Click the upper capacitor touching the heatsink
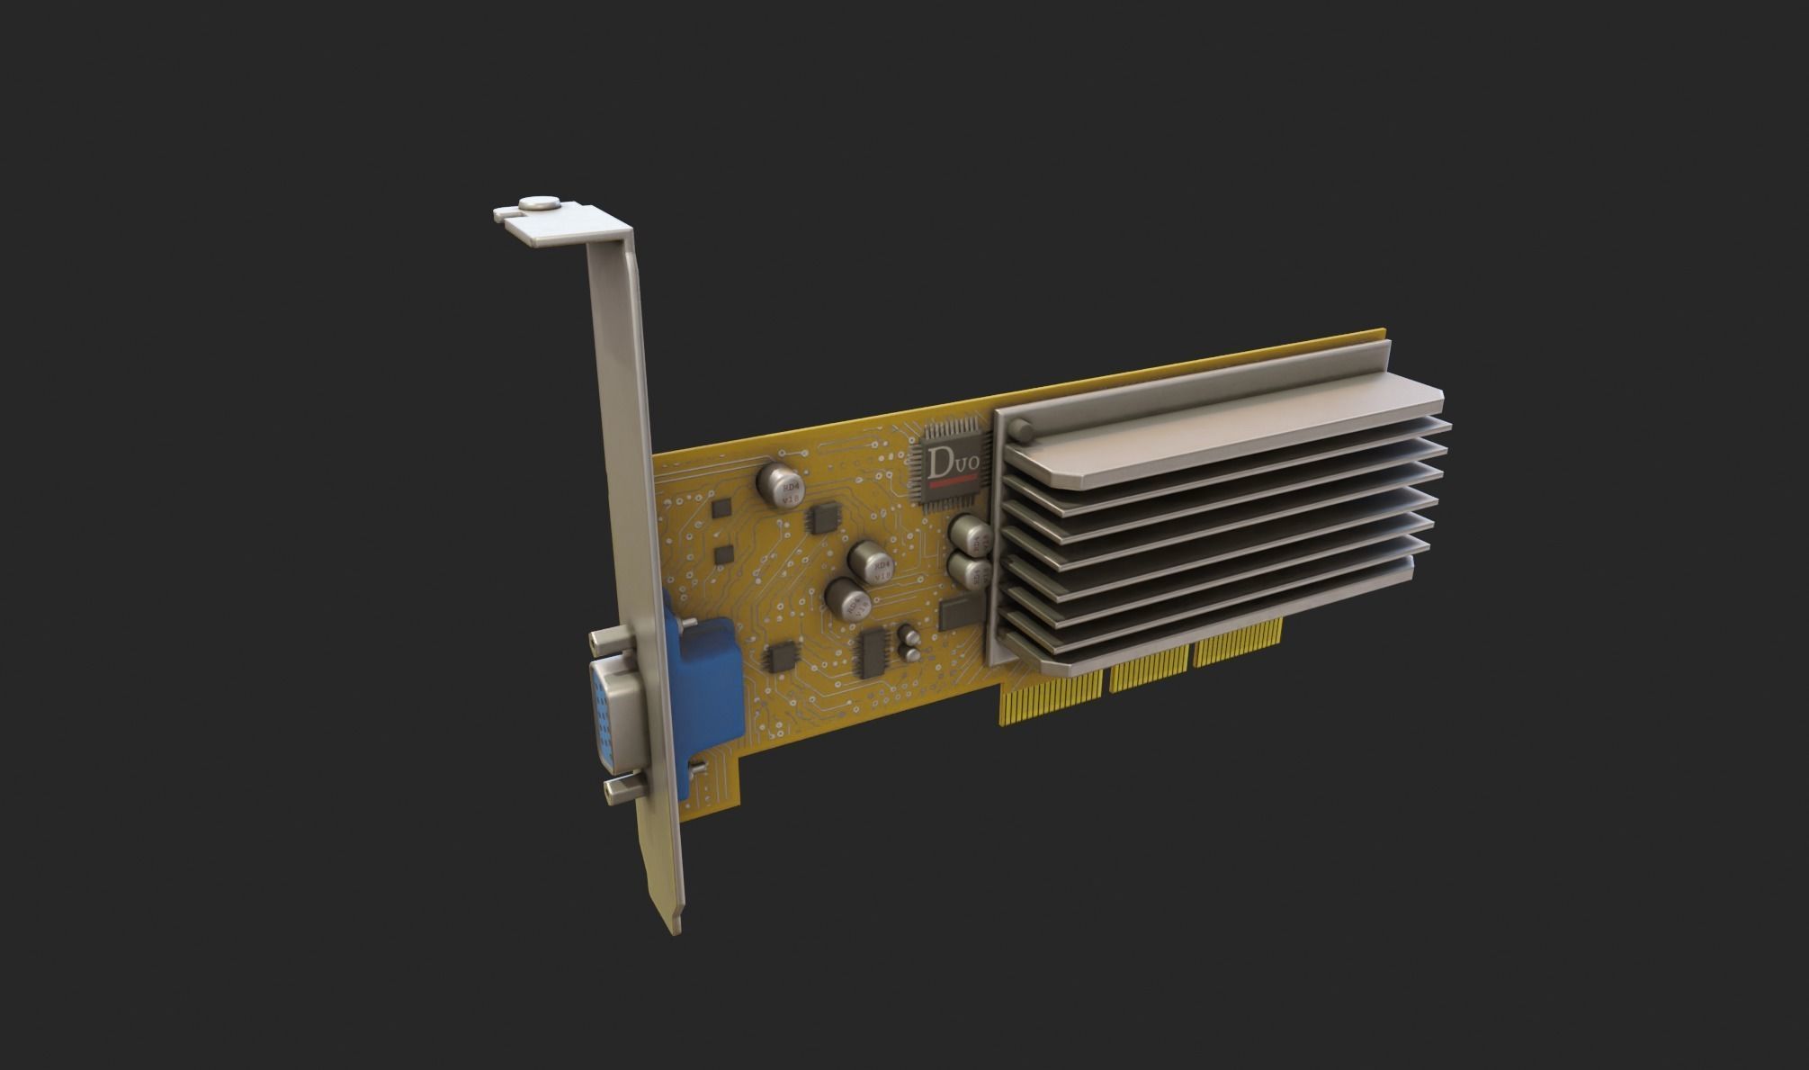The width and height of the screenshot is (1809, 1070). (x=969, y=535)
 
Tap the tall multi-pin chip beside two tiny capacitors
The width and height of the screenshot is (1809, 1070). (x=873, y=652)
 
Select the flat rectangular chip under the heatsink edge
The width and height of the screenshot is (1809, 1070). (x=960, y=613)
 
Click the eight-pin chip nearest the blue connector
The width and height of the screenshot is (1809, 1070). (x=781, y=657)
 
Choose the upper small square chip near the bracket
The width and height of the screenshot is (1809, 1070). (x=721, y=508)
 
